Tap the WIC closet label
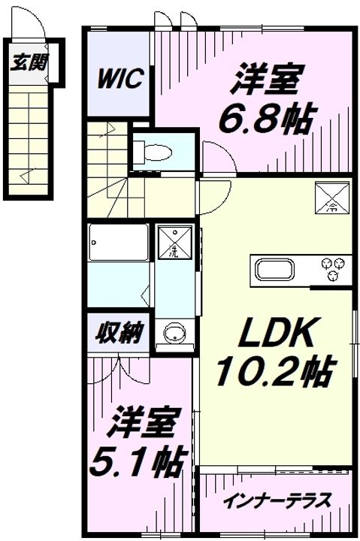tap(119, 80)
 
